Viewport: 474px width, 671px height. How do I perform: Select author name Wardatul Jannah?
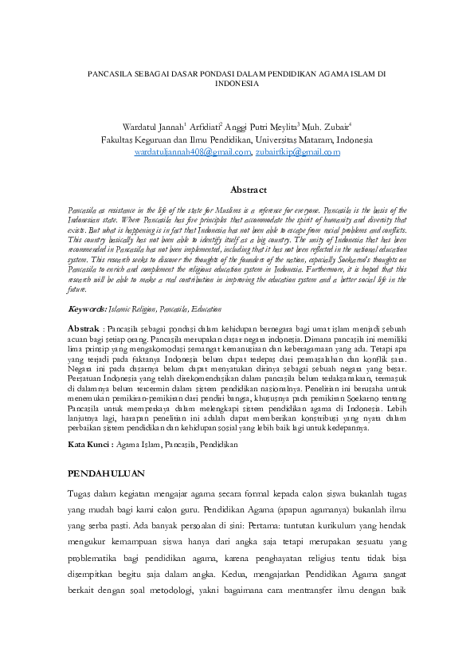click(x=152, y=127)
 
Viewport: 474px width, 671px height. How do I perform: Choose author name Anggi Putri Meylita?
click(x=261, y=127)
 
